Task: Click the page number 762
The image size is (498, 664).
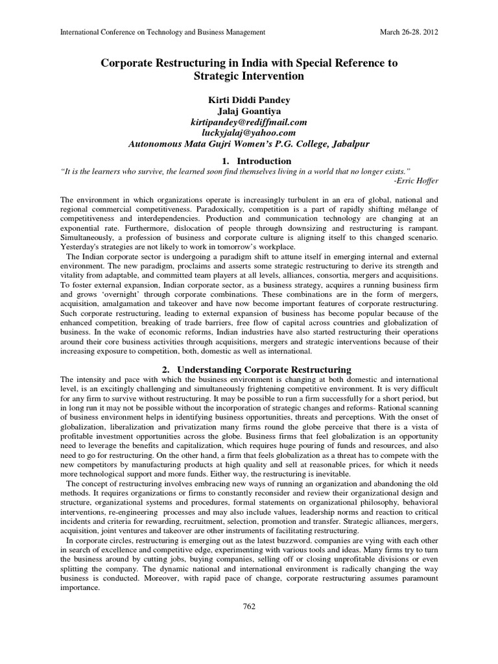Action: point(248,606)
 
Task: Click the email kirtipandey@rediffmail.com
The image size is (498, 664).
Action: point(248,122)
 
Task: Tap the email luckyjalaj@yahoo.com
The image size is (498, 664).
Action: point(248,133)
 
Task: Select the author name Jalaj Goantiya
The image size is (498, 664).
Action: point(248,110)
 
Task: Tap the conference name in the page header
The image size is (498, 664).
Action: point(162,31)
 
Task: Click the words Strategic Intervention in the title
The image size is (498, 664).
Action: point(249,76)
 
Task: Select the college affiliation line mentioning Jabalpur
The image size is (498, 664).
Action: point(248,145)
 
